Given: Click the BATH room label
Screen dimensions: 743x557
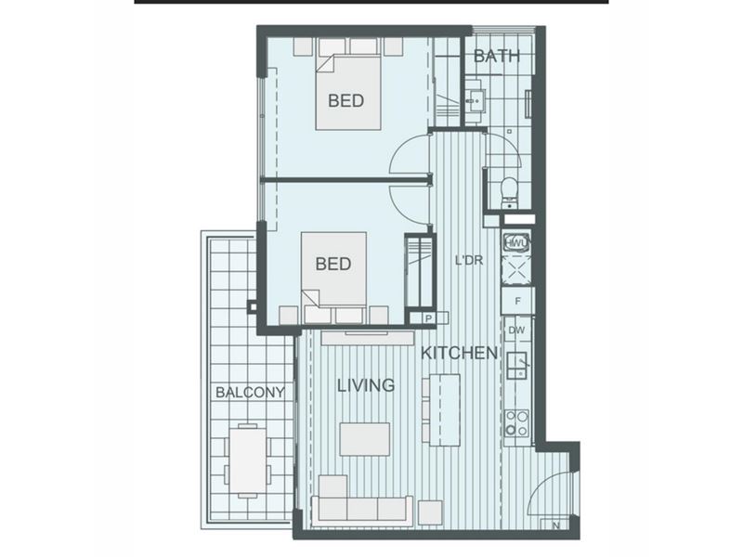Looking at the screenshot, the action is [x=496, y=56].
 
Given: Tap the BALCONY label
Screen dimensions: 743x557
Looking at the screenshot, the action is [x=250, y=392].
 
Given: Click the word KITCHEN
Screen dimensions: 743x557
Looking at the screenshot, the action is [x=459, y=353].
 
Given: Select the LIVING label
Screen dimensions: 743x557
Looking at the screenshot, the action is [x=366, y=385].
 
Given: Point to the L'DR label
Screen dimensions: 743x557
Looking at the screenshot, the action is [x=469, y=260].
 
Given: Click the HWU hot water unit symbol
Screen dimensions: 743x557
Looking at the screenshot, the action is [x=516, y=242].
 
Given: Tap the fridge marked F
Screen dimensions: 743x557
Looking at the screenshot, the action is [x=518, y=301].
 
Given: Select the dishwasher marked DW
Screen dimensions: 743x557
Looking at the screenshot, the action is [x=516, y=330].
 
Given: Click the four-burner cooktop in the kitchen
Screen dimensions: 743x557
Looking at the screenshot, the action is [x=517, y=423].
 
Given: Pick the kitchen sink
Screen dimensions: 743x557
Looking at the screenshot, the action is [x=518, y=365].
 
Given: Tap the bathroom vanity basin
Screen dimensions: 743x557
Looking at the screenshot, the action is [x=475, y=101].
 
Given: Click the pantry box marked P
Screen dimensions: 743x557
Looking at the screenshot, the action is [x=428, y=318].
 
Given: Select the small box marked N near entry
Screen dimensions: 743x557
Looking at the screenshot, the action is [x=556, y=525].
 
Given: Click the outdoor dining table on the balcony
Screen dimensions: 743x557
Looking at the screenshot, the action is [x=247, y=460].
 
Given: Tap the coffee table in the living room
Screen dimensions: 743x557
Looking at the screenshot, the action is [x=365, y=439].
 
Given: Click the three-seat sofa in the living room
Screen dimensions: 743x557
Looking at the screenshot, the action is [x=362, y=511].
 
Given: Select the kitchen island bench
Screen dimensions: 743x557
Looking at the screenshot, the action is [x=446, y=410].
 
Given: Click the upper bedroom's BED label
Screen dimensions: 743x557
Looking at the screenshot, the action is [x=345, y=100].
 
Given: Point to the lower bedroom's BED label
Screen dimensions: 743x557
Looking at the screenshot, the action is [x=333, y=264].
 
